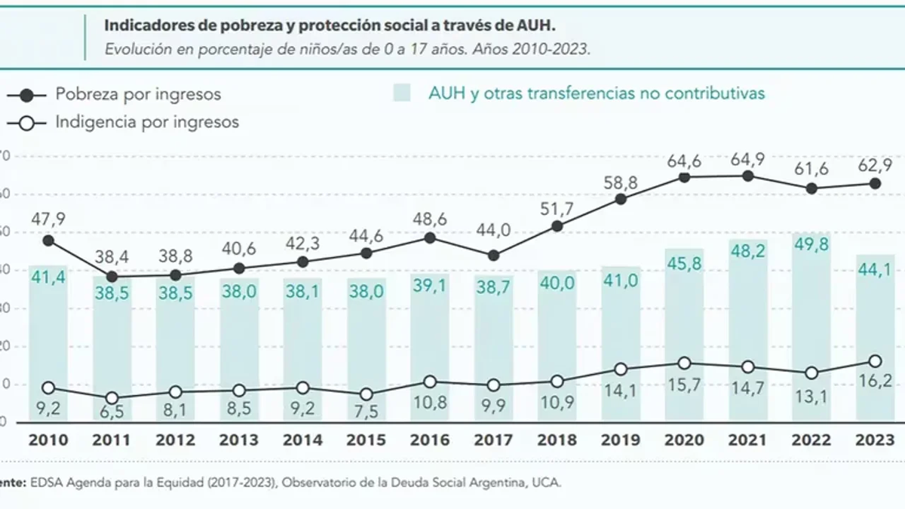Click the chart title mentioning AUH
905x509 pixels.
coord(330,26)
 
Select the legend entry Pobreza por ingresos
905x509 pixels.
coord(138,95)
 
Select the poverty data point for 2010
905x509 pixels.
coord(48,241)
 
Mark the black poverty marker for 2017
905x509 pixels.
coord(493,256)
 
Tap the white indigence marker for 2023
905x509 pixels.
coord(875,361)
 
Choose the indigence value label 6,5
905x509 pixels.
coord(112,412)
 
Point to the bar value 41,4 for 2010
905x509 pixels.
coord(48,278)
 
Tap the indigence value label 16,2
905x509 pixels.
coord(876,382)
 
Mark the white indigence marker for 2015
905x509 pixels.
coord(367,394)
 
